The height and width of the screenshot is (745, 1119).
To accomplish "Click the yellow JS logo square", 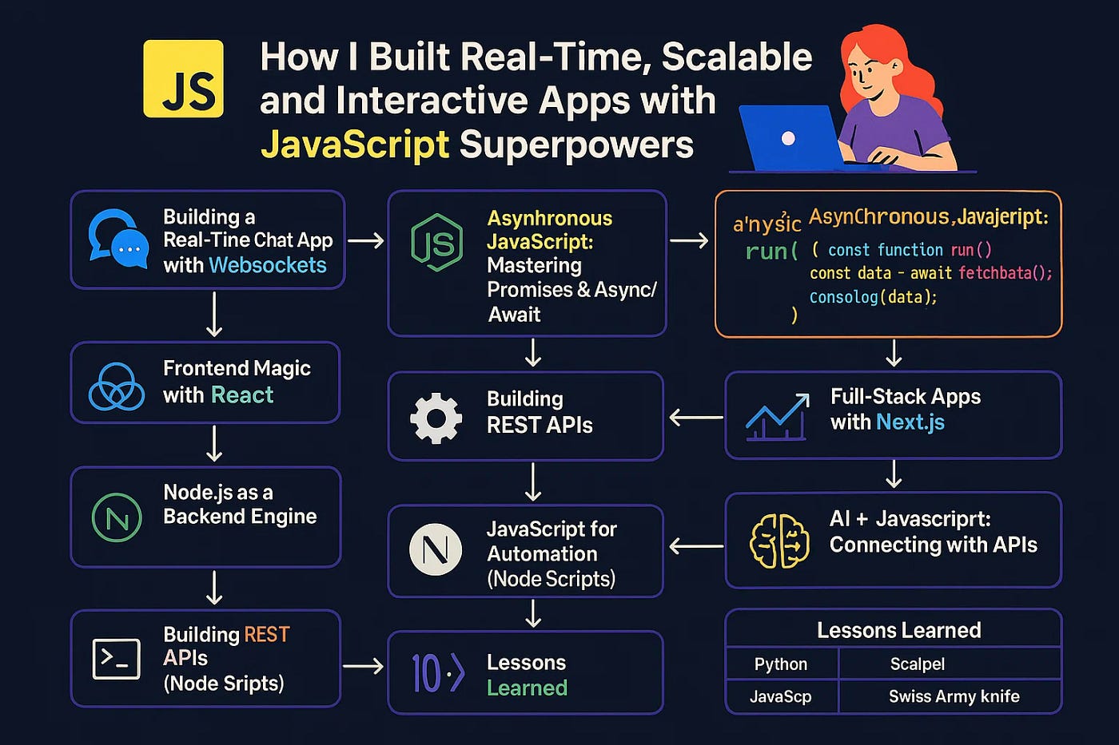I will click(x=183, y=79).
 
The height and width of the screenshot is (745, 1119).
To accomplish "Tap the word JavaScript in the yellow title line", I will click(x=354, y=145).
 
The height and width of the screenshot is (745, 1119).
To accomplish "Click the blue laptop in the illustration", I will click(x=788, y=138).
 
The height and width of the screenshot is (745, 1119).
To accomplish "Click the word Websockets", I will click(x=267, y=265).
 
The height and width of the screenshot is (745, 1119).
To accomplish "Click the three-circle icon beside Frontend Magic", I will click(x=117, y=386).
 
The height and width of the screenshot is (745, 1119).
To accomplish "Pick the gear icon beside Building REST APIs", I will click(x=436, y=418).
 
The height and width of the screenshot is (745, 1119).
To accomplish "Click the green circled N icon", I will click(x=117, y=517).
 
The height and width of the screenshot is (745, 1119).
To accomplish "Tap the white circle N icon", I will click(x=436, y=550).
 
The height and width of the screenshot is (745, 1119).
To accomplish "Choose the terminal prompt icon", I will click(x=117, y=659).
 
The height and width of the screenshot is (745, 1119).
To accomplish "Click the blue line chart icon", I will click(x=776, y=416).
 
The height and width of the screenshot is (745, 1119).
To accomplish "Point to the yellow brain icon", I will click(x=779, y=541).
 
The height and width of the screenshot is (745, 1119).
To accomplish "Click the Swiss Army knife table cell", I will click(x=954, y=696).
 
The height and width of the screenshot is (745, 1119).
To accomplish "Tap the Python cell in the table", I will click(x=781, y=664).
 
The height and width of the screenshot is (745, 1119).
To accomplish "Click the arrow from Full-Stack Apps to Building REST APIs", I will click(x=695, y=417).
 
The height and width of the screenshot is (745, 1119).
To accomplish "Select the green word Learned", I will click(x=527, y=688).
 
